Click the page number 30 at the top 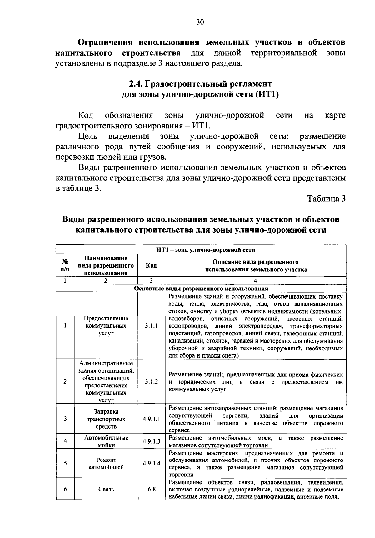pyautogui.click(x=200, y=22)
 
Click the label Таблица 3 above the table pyautogui.click(x=326, y=199)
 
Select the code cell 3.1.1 pyautogui.click(x=151, y=326)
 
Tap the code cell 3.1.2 pyautogui.click(x=151, y=382)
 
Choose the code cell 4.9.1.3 pyautogui.click(x=151, y=441)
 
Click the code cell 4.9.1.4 pyautogui.click(x=151, y=464)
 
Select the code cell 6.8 pyautogui.click(x=152, y=489)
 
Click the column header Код pyautogui.click(x=151, y=266)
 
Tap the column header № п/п pyautogui.click(x=65, y=266)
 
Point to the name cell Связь pyautogui.click(x=106, y=489)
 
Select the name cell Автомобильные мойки pyautogui.click(x=106, y=441)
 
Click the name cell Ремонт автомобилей pyautogui.click(x=106, y=464)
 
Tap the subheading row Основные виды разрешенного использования pyautogui.click(x=201, y=289)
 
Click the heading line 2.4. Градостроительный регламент pyautogui.click(x=200, y=84)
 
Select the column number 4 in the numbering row pyautogui.click(x=255, y=281)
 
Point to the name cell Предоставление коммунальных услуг pyautogui.click(x=106, y=326)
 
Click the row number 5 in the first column pyautogui.click(x=65, y=464)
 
